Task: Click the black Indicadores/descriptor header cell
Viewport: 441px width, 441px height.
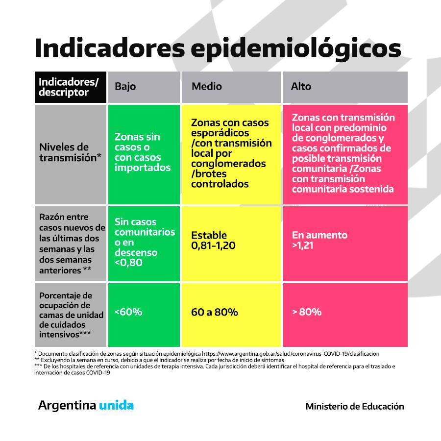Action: click(71, 87)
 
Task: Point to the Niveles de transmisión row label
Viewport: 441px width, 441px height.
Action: click(70, 152)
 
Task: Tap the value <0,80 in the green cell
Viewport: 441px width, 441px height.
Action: click(129, 263)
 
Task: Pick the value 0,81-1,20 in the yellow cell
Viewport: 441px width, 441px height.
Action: click(213, 245)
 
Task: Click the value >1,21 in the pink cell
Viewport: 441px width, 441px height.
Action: click(303, 245)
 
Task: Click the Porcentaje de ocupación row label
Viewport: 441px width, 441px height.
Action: click(70, 315)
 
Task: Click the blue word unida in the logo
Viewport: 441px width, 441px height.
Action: click(116, 406)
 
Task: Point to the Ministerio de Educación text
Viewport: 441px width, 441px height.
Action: click(355, 406)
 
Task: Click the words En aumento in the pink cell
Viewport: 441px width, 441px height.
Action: click(319, 235)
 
